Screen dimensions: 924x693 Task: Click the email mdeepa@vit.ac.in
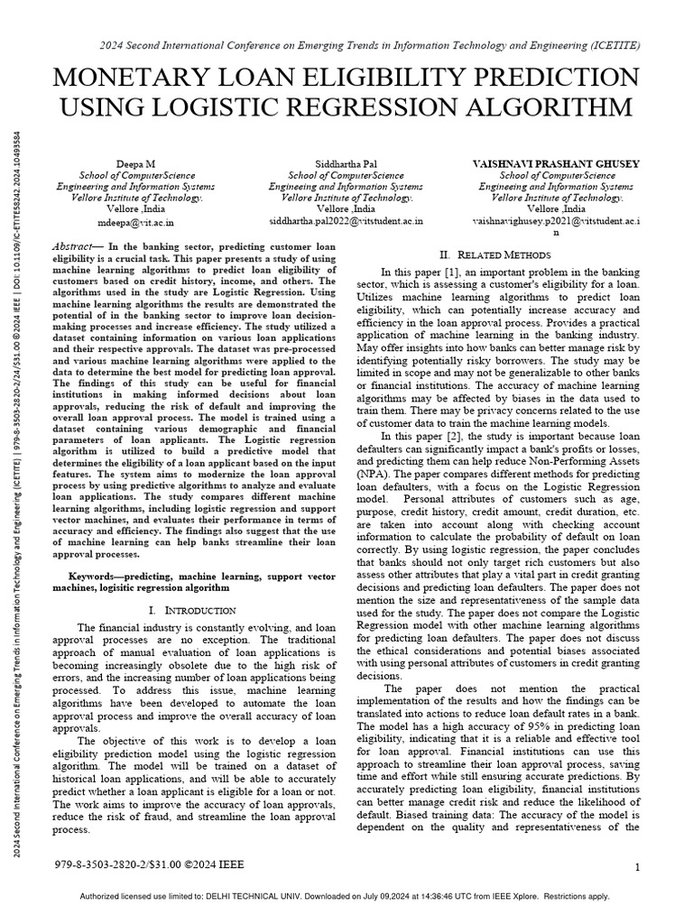point(135,220)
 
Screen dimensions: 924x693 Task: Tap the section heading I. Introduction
point(192,611)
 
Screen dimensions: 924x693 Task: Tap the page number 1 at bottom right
point(637,868)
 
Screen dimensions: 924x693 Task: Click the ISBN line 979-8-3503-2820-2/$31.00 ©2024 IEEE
point(149,865)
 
